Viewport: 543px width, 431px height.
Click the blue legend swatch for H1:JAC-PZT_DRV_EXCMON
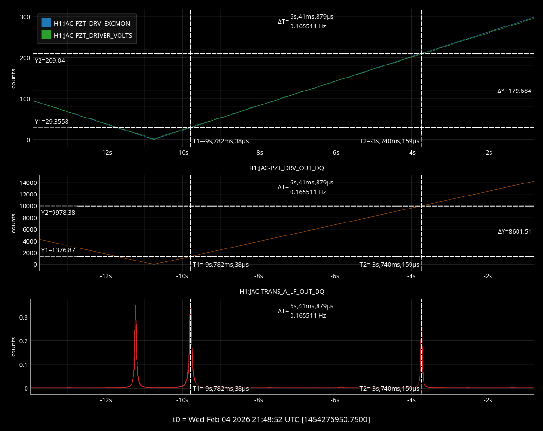(46, 23)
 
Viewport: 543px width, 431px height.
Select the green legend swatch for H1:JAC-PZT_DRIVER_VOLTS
(46, 35)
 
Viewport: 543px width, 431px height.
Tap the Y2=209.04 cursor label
(50, 61)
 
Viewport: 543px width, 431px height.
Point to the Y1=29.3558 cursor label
(52, 122)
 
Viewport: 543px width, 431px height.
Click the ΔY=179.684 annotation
(514, 91)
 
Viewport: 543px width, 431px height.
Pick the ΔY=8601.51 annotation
(515, 232)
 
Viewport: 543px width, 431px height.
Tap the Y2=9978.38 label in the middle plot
(58, 213)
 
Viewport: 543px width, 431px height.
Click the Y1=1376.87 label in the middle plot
(58, 250)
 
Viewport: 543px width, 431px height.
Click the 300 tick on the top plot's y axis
(25, 17)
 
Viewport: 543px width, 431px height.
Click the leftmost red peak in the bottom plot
(136, 306)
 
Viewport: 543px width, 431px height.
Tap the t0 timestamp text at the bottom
(271, 419)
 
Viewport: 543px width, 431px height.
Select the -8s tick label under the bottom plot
(259, 400)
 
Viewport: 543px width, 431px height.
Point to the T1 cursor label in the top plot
(221, 141)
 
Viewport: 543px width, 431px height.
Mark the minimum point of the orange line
(154, 264)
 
